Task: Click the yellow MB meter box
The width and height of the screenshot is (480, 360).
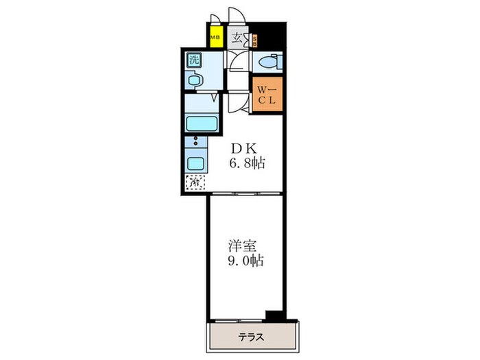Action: pos(215,38)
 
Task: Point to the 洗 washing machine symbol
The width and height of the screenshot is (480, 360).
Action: pos(194,60)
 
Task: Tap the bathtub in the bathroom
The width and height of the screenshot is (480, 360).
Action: pos(201,125)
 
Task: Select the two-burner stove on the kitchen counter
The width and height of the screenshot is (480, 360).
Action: pos(195,143)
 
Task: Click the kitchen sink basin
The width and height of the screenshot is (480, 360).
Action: pos(195,164)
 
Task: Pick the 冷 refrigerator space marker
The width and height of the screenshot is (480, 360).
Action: pos(194,182)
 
